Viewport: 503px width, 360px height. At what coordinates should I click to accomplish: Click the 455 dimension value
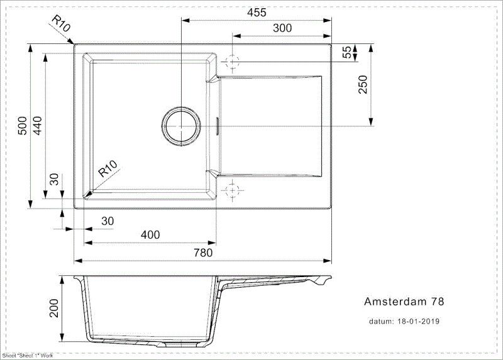[257, 13]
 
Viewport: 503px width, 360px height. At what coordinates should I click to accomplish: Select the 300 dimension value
[282, 28]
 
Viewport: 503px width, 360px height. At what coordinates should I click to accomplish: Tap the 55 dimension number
[345, 53]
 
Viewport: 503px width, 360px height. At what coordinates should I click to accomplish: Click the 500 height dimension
[22, 126]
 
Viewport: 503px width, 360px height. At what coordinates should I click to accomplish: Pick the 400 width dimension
[150, 235]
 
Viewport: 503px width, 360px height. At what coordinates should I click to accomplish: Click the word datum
[381, 321]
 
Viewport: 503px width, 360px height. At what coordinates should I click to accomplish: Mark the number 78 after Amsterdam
[438, 302]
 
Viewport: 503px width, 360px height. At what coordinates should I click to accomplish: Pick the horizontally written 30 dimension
[108, 221]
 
